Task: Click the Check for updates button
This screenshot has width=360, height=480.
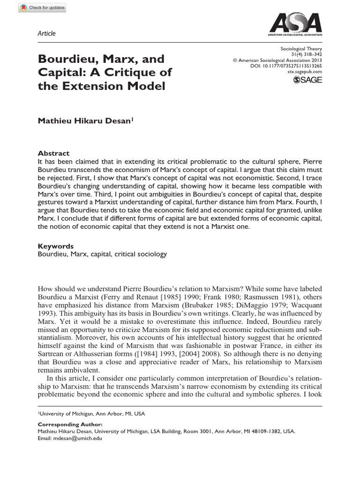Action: (35, 8)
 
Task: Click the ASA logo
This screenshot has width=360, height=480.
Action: (294, 24)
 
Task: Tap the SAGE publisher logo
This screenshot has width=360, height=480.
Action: (307, 81)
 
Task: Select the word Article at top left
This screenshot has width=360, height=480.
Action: (46, 33)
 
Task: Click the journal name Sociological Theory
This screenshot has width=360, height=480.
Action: (301, 48)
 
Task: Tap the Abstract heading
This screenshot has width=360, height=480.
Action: (53, 153)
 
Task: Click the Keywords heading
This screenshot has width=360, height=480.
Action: (55, 246)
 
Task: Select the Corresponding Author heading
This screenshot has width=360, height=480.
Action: (63, 424)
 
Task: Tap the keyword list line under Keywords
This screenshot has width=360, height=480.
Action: (101, 254)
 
